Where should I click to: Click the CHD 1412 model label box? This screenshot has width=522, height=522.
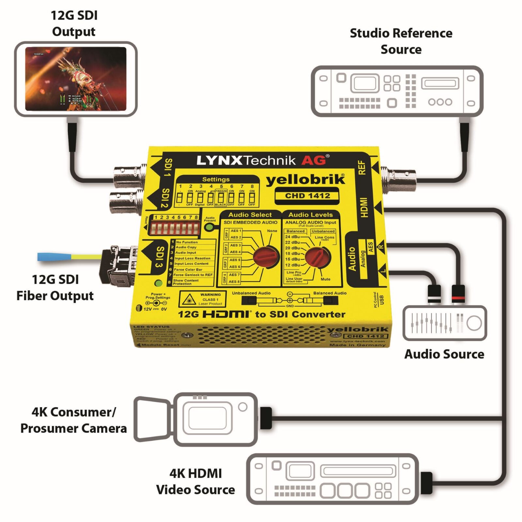pyautogui.click(x=307, y=196)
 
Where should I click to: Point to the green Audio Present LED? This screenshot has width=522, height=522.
pyautogui.click(x=209, y=227)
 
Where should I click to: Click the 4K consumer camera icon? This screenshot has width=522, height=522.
pyautogui.click(x=196, y=419)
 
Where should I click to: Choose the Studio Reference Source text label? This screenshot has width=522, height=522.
pyautogui.click(x=401, y=41)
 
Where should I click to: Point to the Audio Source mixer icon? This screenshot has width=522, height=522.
pyautogui.click(x=445, y=323)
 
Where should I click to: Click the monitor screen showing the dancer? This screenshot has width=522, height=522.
pyautogui.click(x=76, y=79)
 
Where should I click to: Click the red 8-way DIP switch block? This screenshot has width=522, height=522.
pyautogui.click(x=175, y=227)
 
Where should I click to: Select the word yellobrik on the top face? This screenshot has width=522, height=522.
pyautogui.click(x=305, y=180)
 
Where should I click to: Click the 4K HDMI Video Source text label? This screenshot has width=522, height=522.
pyautogui.click(x=195, y=482)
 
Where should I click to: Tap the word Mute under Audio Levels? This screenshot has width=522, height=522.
pyautogui.click(x=325, y=279)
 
